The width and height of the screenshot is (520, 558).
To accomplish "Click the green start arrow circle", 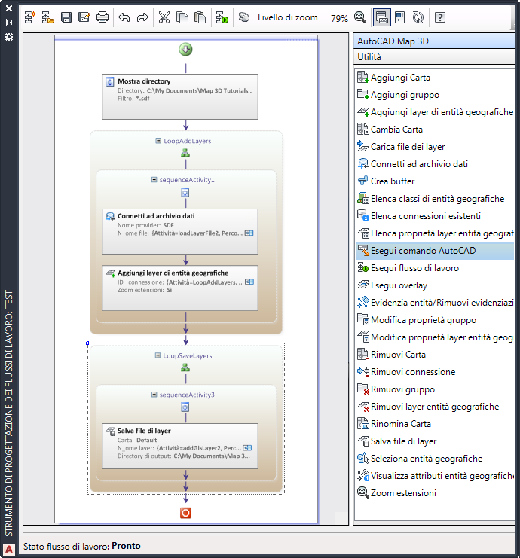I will (x=185, y=50).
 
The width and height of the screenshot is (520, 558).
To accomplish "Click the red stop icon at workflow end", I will (x=185, y=513).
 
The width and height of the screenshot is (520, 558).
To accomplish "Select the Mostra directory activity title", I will (x=144, y=81).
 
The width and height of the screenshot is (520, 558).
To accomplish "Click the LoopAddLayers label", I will (x=187, y=141).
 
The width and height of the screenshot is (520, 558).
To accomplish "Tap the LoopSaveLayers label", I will (x=188, y=355).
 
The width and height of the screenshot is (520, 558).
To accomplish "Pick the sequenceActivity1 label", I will (x=187, y=180).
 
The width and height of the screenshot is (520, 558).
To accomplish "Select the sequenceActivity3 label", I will (x=187, y=395).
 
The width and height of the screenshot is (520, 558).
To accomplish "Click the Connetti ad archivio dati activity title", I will (x=156, y=216).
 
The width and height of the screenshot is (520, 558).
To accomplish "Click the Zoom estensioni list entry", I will (x=402, y=493).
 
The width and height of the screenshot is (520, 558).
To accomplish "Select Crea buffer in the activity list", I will (x=392, y=181).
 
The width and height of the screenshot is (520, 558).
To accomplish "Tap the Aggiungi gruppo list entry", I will (x=404, y=95).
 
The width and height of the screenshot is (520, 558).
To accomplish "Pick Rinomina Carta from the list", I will (x=400, y=424).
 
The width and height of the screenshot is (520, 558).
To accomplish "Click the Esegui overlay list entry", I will (x=399, y=285).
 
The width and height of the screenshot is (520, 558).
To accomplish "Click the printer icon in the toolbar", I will (x=102, y=17).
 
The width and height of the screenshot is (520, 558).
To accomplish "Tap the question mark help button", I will (x=440, y=17).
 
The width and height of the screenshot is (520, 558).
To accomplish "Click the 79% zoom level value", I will (x=339, y=18).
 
